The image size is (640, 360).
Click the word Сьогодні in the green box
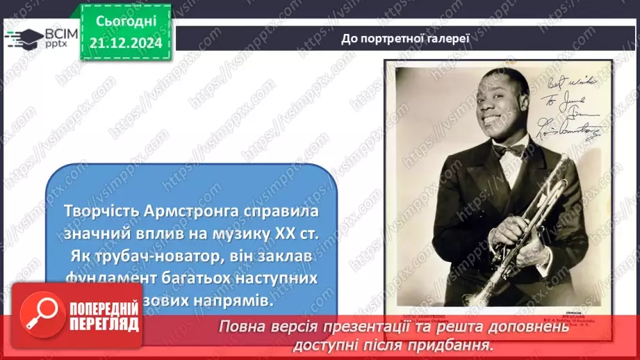click(x=126, y=22)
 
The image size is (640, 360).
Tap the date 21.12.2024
click(x=126, y=43)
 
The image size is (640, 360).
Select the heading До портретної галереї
click(x=406, y=38)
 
